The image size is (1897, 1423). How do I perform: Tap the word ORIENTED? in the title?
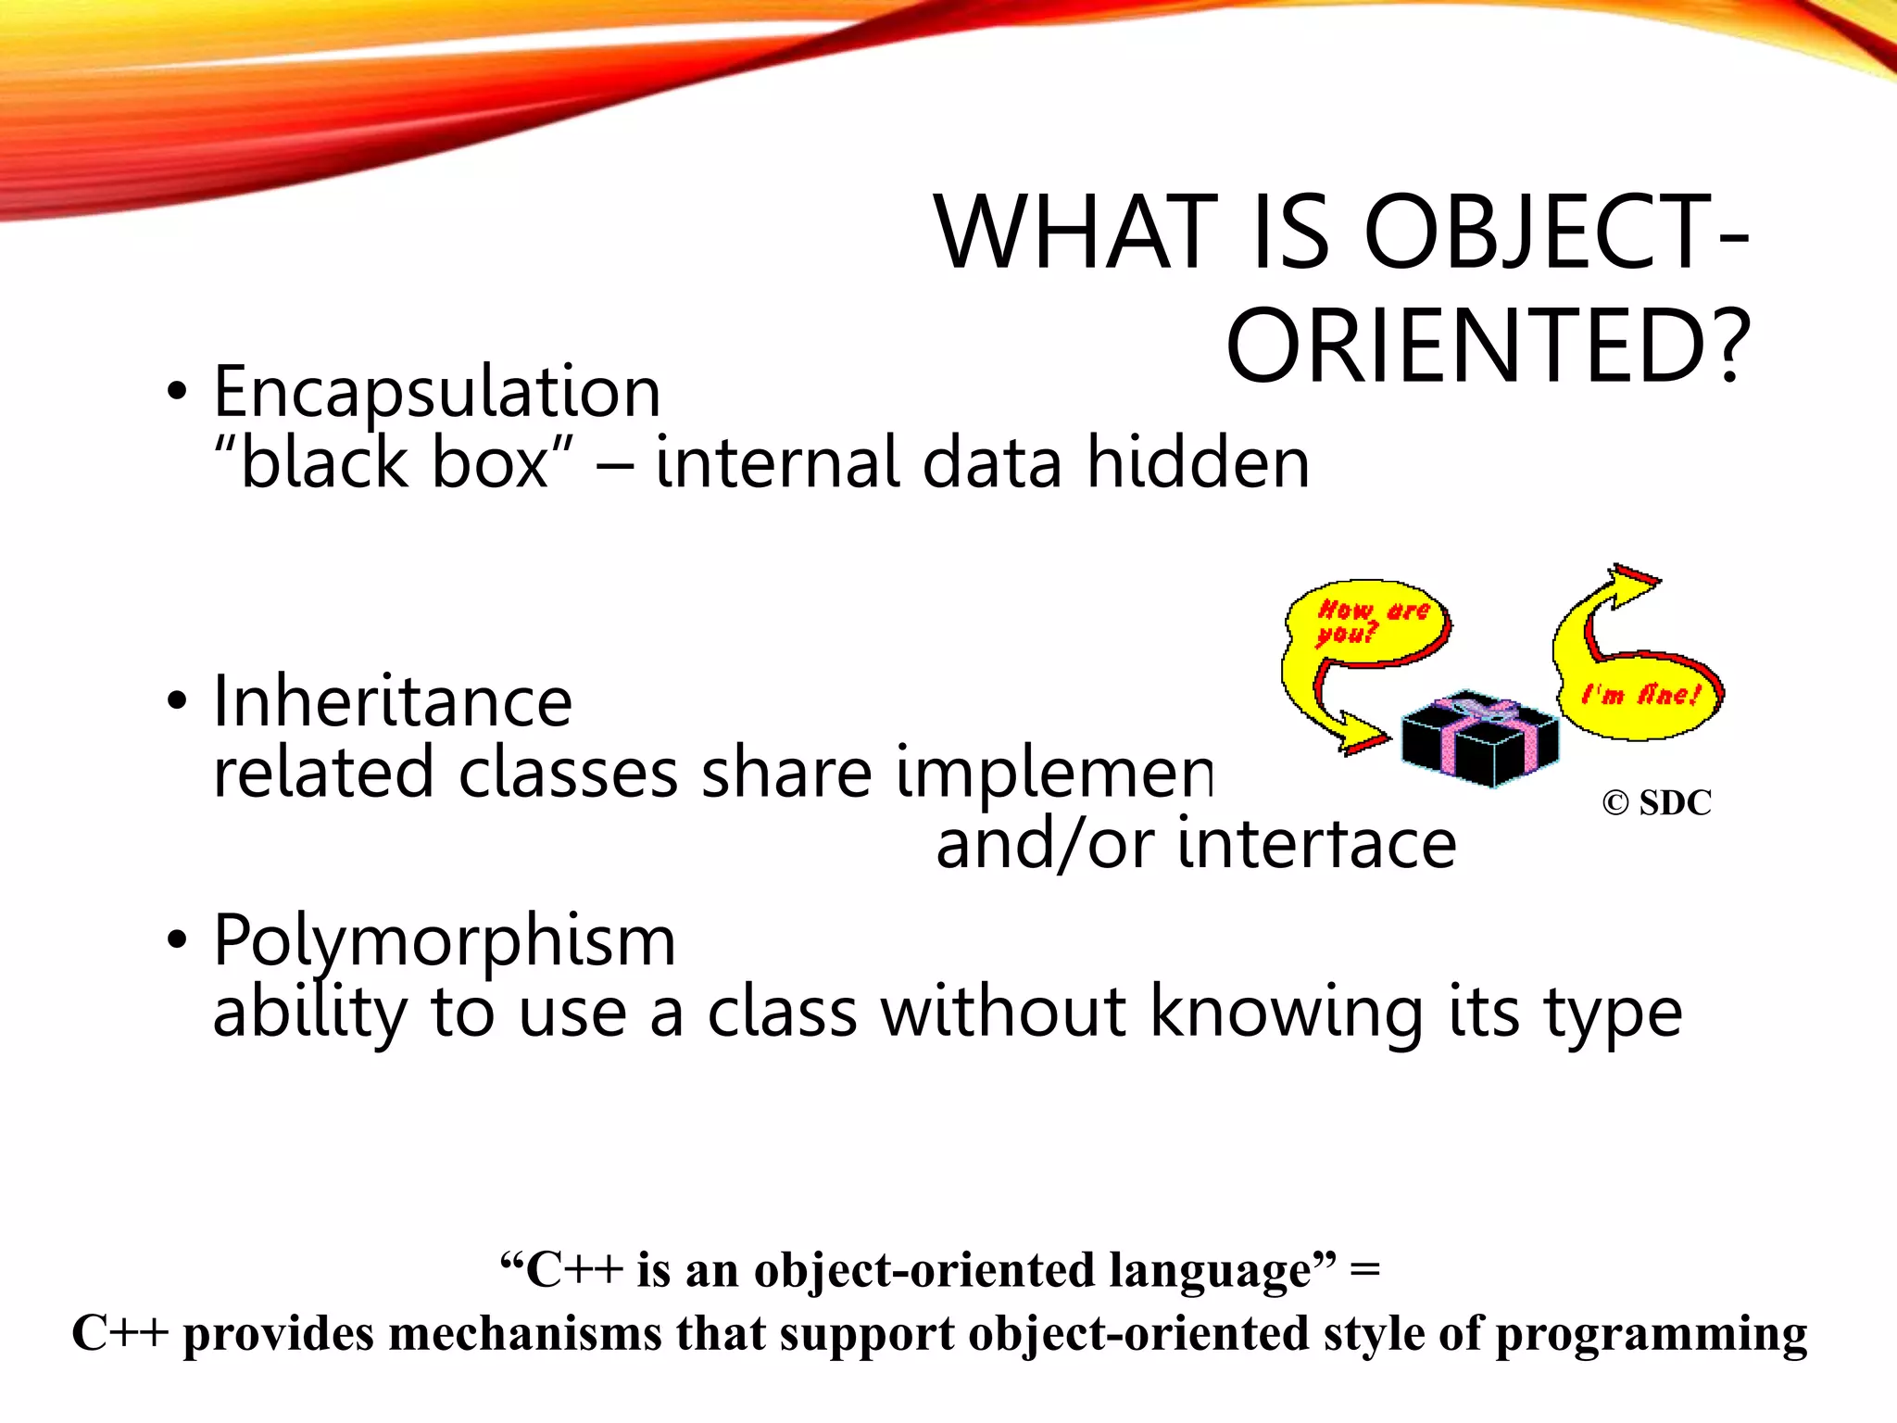pyautogui.click(x=1488, y=346)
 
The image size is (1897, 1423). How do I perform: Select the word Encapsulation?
pyautogui.click(x=437, y=392)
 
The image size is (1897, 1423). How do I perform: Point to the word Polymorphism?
pyautogui.click(x=445, y=940)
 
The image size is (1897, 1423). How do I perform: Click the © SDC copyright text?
pyautogui.click(x=1656, y=802)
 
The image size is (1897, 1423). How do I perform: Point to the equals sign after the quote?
pyautogui.click(x=1365, y=1269)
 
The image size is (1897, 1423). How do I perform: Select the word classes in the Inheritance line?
pyautogui.click(x=568, y=773)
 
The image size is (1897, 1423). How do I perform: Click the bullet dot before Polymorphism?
pyautogui.click(x=177, y=939)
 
